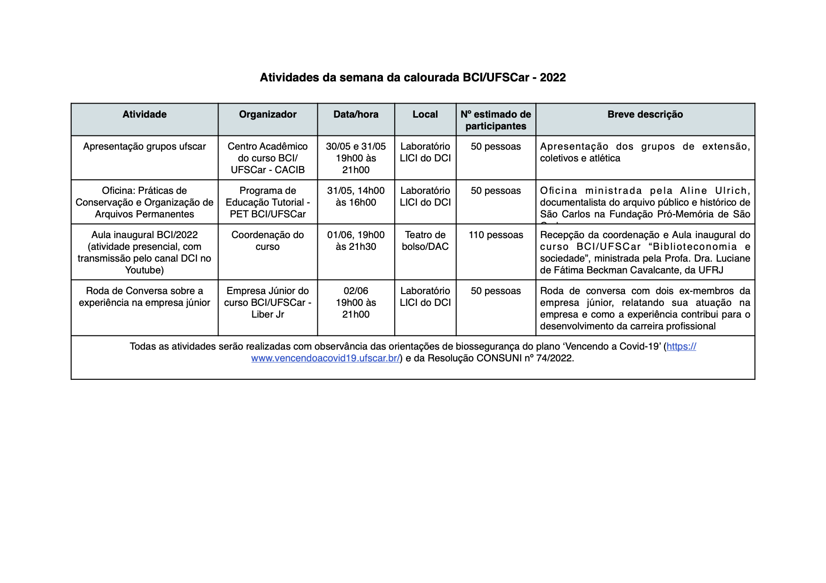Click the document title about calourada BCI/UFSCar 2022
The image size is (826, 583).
tap(413, 78)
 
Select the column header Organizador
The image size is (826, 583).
tap(267, 114)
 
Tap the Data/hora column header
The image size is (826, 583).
tap(356, 114)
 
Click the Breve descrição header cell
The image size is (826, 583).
tap(645, 114)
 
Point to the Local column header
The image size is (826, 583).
tap(425, 114)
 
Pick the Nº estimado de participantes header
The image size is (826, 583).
tap(495, 120)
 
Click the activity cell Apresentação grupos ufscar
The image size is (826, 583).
tap(144, 146)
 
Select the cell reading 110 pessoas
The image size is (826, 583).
tap(495, 235)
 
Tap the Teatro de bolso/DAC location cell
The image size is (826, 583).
tap(425, 240)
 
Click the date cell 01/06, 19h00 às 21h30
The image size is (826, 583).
tap(356, 240)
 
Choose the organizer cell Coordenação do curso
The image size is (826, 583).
tap(267, 240)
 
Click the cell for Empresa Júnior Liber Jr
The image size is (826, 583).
tap(267, 303)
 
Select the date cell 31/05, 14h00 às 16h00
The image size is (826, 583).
tap(356, 196)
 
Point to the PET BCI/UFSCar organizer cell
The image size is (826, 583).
tap(267, 202)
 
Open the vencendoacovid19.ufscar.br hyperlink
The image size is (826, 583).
tap(325, 358)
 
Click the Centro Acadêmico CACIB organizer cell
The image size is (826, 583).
tap(267, 158)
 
